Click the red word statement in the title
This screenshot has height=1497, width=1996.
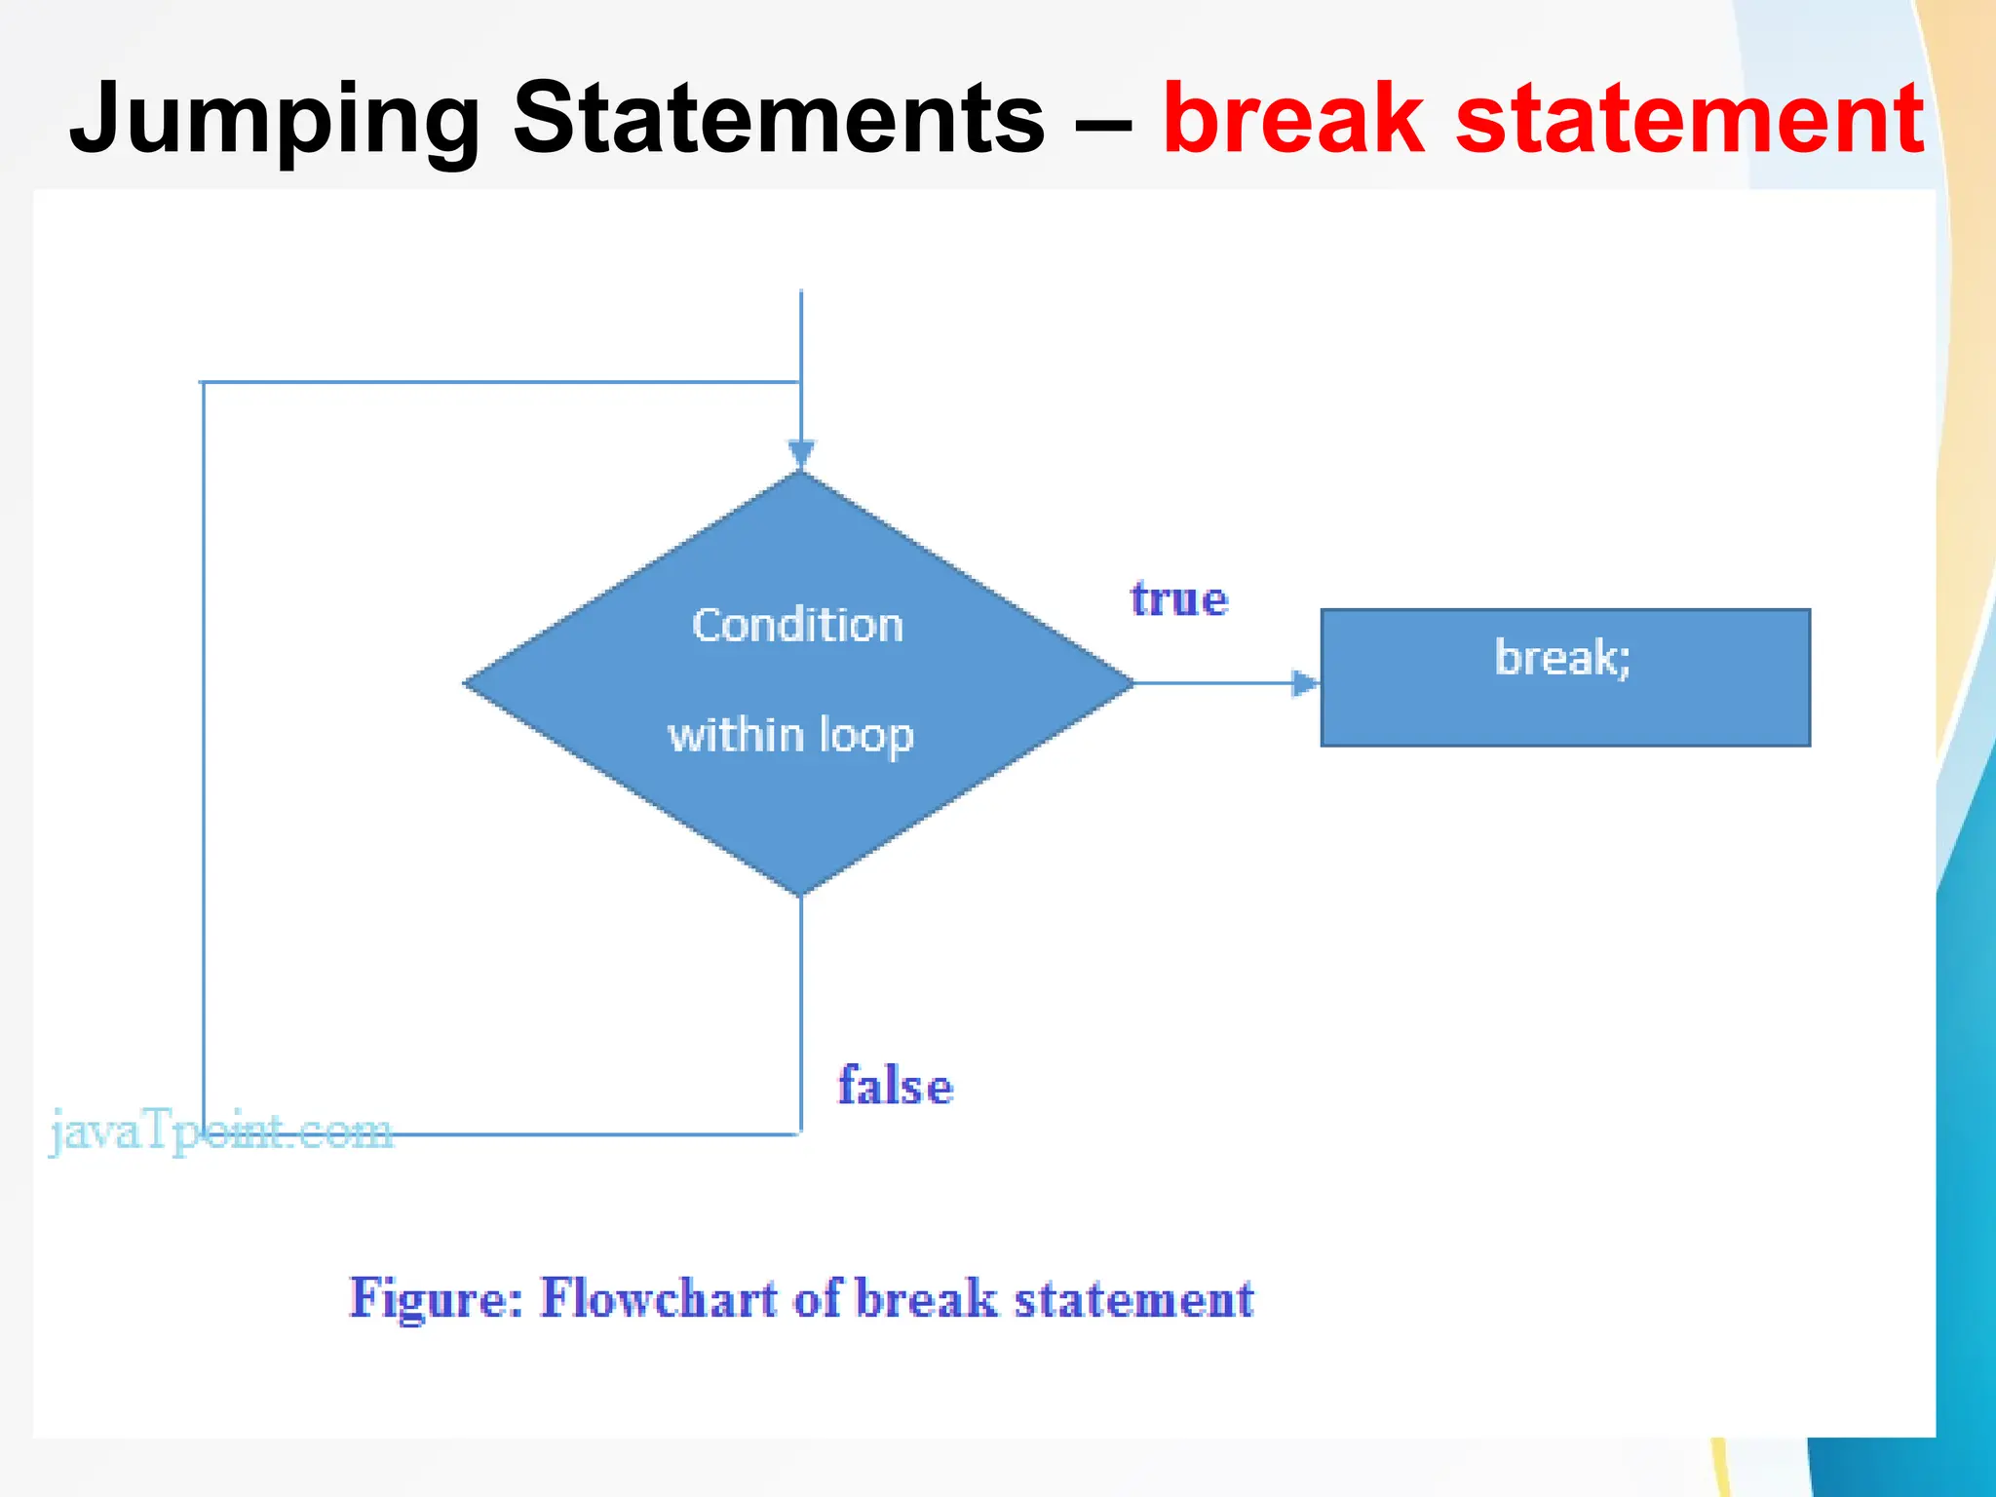[1690, 119]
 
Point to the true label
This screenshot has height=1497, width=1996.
[1179, 598]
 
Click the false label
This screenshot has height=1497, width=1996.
[896, 1086]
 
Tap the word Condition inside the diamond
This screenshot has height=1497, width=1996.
[797, 625]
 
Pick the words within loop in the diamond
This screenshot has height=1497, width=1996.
[790, 735]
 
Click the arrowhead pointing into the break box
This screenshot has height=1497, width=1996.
[1304, 683]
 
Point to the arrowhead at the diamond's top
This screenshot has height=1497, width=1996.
[801, 454]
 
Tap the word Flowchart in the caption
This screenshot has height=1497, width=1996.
[660, 1298]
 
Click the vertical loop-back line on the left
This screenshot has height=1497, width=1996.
[204, 760]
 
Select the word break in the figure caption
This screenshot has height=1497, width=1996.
[927, 1298]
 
